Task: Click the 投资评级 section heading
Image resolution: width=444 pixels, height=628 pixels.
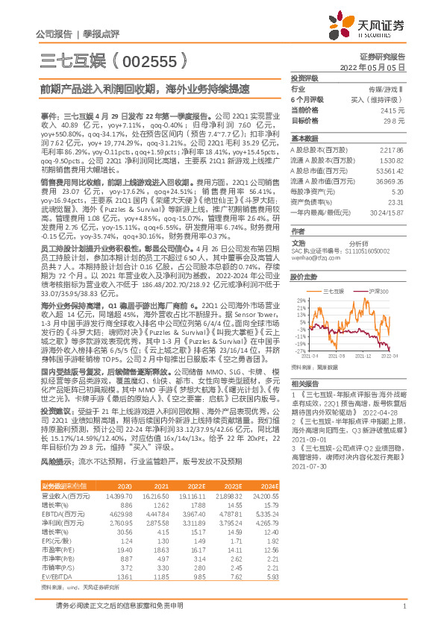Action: pyautogui.click(x=305, y=78)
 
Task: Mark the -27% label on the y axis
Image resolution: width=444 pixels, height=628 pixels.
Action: pyautogui.click(x=296, y=351)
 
